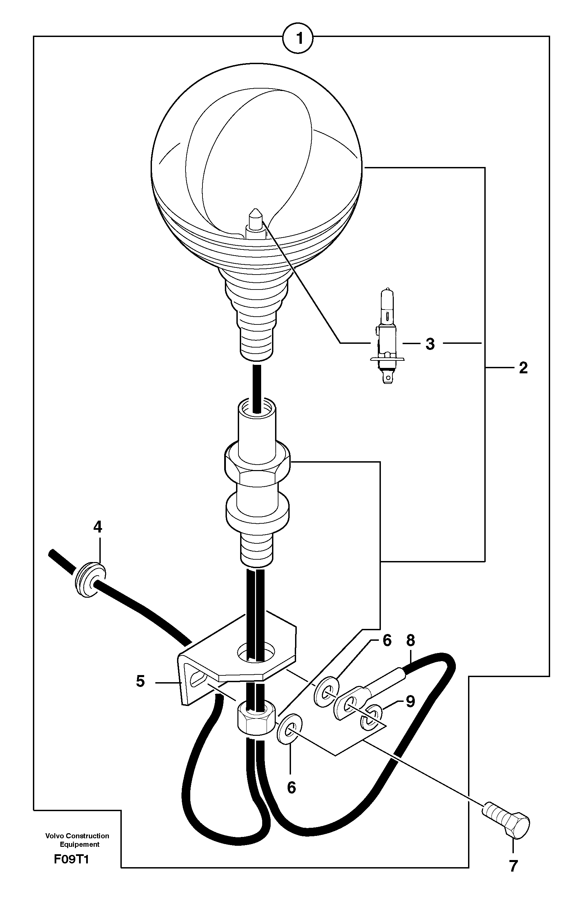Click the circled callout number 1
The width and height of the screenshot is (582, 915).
pyautogui.click(x=298, y=38)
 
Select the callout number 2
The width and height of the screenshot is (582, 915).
pyautogui.click(x=523, y=368)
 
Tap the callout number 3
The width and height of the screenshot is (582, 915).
pyautogui.click(x=429, y=344)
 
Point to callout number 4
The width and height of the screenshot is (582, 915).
pyautogui.click(x=98, y=527)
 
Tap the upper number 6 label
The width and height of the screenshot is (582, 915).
pyautogui.click(x=387, y=641)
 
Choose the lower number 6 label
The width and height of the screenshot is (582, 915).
pyautogui.click(x=291, y=788)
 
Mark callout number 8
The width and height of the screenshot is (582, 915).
pyautogui.click(x=410, y=641)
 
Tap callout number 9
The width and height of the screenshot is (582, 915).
pyautogui.click(x=410, y=702)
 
